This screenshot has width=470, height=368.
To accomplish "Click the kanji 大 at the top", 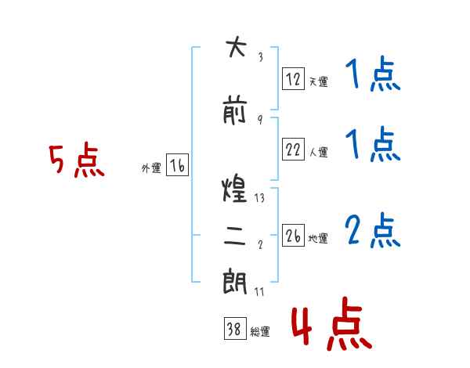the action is (x=236, y=47).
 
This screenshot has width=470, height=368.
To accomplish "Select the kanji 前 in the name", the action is (x=234, y=110).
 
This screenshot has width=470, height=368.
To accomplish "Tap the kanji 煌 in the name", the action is (x=234, y=188).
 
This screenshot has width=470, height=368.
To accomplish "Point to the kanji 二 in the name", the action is (x=235, y=236).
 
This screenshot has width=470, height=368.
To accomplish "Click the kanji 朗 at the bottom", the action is (x=235, y=281).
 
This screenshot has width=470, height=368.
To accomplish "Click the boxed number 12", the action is (x=293, y=79).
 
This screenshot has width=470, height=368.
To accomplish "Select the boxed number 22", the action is (x=293, y=149).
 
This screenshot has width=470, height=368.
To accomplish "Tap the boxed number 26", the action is (x=293, y=235).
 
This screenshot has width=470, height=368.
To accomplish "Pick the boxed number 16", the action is (x=177, y=164).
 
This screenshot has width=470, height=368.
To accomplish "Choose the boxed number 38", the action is (x=235, y=328).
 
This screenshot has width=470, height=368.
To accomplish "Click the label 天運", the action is (x=318, y=81).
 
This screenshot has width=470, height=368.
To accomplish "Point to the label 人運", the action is (x=318, y=152).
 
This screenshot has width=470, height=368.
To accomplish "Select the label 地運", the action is (x=318, y=238).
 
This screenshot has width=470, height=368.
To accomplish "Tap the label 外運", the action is (x=151, y=168).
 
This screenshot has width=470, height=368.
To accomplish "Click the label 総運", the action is (x=260, y=332).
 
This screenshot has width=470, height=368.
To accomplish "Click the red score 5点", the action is (x=77, y=160).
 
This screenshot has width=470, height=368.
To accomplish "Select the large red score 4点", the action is (x=331, y=323).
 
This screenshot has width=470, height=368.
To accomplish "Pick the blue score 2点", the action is (x=373, y=230).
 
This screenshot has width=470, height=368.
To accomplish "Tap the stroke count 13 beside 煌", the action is (x=259, y=198).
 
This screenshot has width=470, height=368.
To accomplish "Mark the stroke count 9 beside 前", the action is (x=260, y=120).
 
